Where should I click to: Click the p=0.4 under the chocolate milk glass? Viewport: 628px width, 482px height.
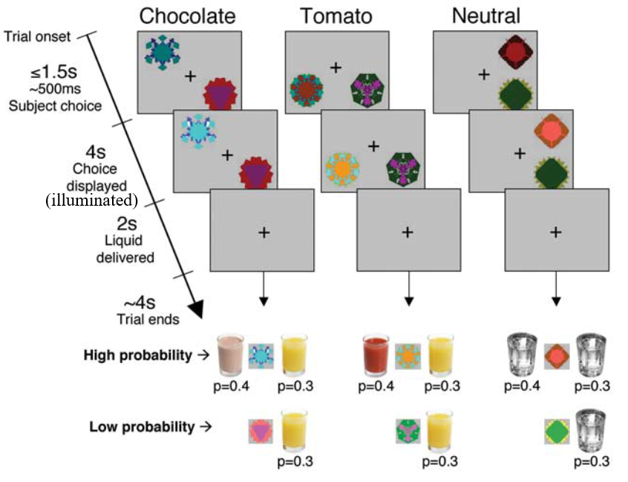pos(229,386)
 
